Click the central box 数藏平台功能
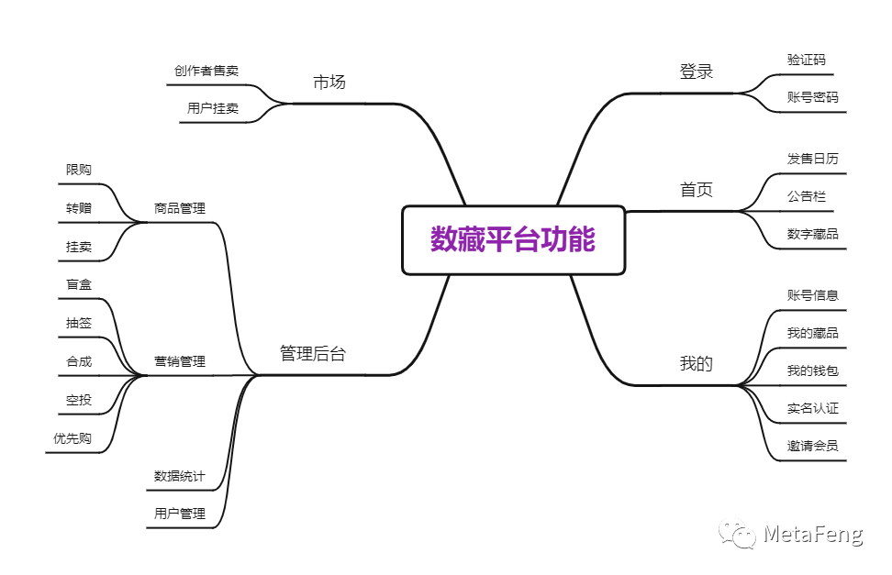pyautogui.click(x=513, y=240)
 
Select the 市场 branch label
pyautogui.click(x=329, y=83)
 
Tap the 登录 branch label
pyautogui.click(x=697, y=72)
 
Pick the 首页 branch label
pyautogui.click(x=697, y=190)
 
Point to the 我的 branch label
pyautogui.click(x=697, y=364)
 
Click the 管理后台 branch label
pyautogui.click(x=313, y=354)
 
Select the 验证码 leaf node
pyautogui.click(x=806, y=61)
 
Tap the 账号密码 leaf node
pyautogui.click(x=812, y=97)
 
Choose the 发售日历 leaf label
pyautogui.click(x=812, y=159)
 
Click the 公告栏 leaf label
pyautogui.click(x=806, y=196)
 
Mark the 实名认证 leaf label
pyautogui.click(x=812, y=408)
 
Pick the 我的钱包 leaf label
pyautogui.click(x=812, y=370)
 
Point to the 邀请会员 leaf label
pyautogui.click(x=812, y=447)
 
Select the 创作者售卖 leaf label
pyautogui.click(x=206, y=71)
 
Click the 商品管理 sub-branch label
pyautogui.click(x=180, y=208)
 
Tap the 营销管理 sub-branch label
pyautogui.click(x=180, y=361)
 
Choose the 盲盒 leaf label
pyautogui.click(x=79, y=285)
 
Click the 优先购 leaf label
pyautogui.click(x=72, y=438)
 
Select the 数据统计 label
pyautogui.click(x=180, y=476)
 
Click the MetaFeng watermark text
pyautogui.click(x=813, y=535)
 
